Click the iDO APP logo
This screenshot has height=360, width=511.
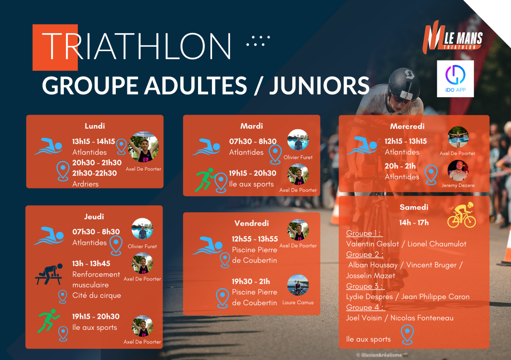pos(455,79)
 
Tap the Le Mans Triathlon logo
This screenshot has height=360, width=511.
pos(452,37)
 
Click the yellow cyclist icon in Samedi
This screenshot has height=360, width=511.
pos(462,215)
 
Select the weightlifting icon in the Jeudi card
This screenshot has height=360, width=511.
pos(49,274)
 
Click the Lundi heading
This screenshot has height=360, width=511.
pos(95,126)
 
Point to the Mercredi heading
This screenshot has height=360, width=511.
pos(407,126)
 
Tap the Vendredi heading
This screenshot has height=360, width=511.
pos(252,223)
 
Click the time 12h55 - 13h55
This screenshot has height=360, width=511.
pos(255,239)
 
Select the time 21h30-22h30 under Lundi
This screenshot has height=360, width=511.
pos(95,173)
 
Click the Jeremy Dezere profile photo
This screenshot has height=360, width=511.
pos(458,170)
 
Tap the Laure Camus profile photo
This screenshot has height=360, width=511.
pos(298,285)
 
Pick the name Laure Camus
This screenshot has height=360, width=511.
pos(298,302)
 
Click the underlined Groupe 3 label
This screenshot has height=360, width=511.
pos(365,286)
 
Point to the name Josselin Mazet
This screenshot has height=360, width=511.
pos(370,276)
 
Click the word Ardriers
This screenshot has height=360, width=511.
pos(85,184)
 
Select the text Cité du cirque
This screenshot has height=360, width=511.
pos(97,295)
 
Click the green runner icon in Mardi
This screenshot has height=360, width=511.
pos(205,180)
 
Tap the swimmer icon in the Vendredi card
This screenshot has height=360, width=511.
pos(207,245)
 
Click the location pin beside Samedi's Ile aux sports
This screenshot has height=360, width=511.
pos(407,334)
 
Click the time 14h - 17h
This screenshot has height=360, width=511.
pos(414,222)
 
